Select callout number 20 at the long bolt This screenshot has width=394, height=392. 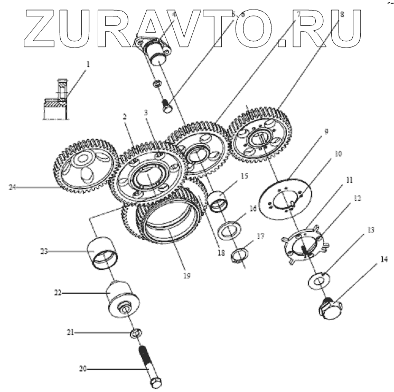[82, 368]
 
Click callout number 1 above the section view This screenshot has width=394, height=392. [89, 64]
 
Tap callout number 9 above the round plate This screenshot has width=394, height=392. [326, 131]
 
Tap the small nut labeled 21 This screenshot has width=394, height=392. [135, 333]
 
